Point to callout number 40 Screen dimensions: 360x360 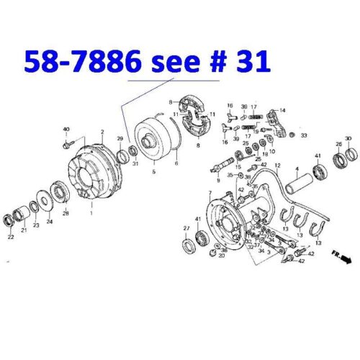point(66,130)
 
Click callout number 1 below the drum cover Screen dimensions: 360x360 point(91,214)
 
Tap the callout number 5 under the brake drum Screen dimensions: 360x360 point(153,173)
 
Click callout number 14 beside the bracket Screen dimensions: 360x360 point(282,110)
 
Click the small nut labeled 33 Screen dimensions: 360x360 point(292,135)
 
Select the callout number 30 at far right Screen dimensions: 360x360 point(348,138)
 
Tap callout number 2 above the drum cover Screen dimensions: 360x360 point(103,132)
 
